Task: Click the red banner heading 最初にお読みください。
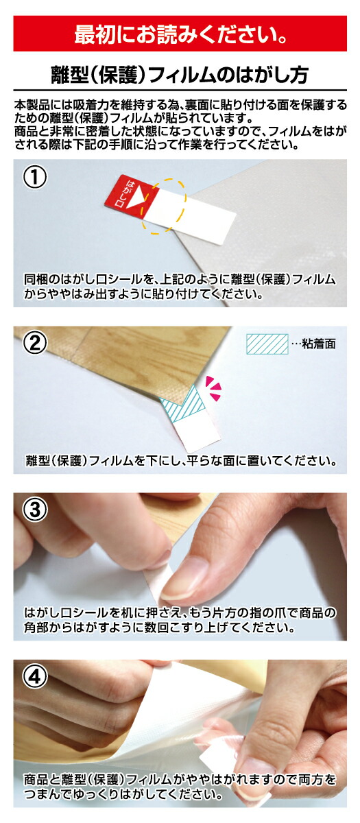[180, 34]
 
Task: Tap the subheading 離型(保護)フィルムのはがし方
[180, 75]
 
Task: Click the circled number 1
[35, 177]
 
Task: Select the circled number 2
[35, 344]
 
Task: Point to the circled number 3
[35, 510]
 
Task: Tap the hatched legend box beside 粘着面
[267, 344]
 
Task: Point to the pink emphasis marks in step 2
[213, 387]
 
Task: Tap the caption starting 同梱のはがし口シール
[179, 286]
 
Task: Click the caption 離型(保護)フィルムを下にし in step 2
[181, 460]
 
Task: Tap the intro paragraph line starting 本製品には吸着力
[180, 105]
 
